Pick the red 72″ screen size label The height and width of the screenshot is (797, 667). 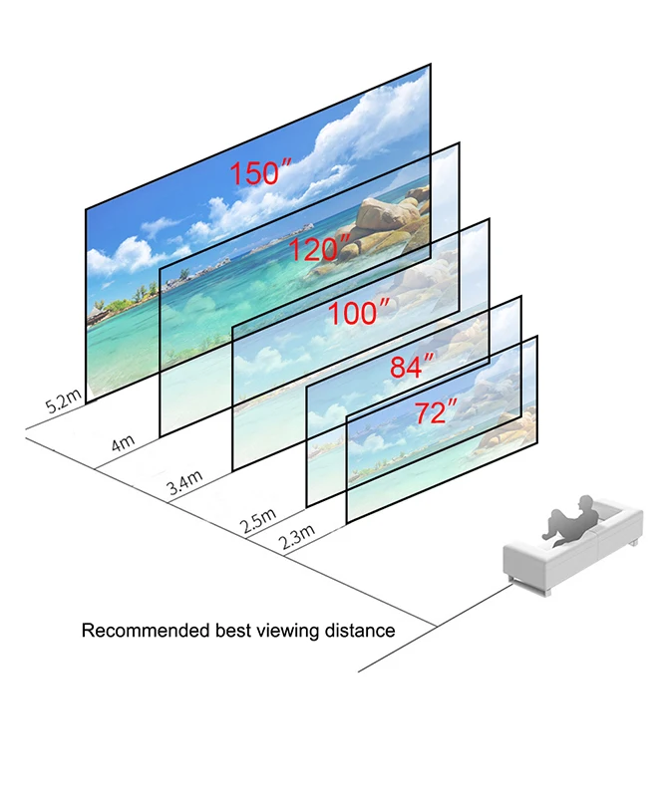coord(436,411)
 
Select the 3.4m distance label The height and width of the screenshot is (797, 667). coord(184,485)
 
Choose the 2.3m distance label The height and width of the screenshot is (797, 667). coord(296,538)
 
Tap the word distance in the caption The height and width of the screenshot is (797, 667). coord(363,631)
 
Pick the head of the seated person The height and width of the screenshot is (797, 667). coord(589,502)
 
